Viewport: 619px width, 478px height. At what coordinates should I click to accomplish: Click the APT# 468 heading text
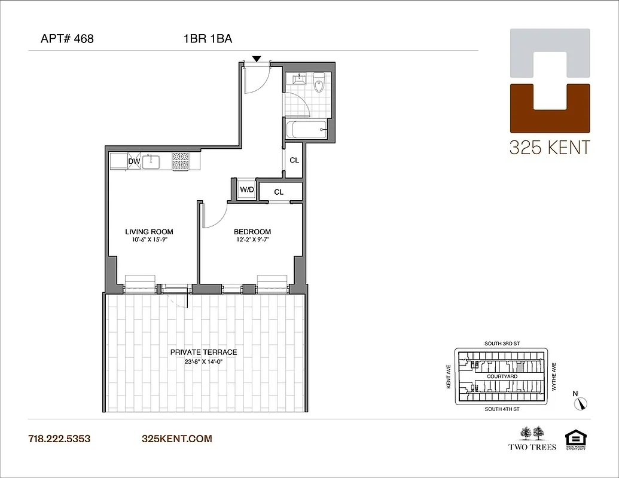(66, 39)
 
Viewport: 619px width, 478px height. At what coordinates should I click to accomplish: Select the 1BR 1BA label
(208, 39)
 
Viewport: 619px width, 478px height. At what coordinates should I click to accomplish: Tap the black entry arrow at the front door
(257, 59)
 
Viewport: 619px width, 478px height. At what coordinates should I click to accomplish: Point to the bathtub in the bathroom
(306, 129)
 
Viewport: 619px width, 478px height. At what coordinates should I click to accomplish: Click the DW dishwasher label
(134, 161)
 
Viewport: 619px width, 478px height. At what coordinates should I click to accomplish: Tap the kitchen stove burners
(180, 161)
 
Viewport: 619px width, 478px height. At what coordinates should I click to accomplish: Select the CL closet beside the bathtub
(294, 160)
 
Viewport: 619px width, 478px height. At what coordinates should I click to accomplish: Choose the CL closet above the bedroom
(279, 192)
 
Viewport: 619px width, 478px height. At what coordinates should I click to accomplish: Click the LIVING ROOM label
(149, 232)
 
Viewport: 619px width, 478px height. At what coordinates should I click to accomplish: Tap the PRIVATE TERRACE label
(203, 353)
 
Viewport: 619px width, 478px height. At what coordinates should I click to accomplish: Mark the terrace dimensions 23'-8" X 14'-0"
(203, 361)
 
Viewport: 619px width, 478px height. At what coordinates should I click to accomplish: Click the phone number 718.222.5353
(59, 439)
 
